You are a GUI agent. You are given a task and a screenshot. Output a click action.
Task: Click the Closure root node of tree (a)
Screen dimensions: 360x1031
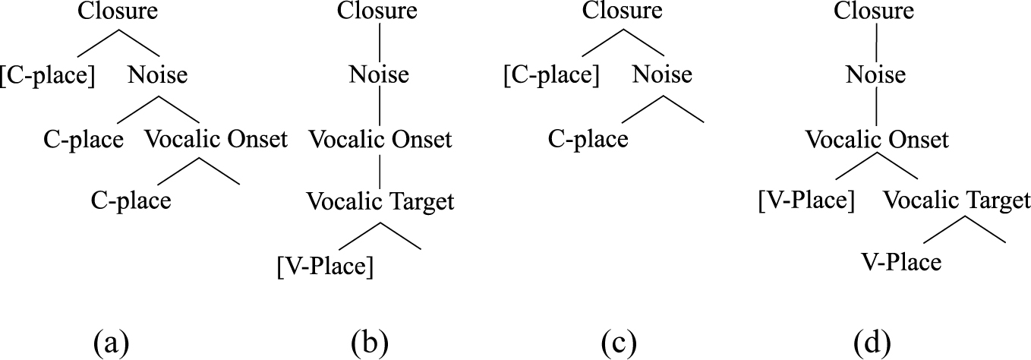(118, 13)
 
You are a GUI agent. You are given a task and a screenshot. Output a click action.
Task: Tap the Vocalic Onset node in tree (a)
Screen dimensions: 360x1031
(216, 140)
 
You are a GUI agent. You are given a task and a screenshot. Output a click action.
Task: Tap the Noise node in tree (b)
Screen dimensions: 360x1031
(379, 76)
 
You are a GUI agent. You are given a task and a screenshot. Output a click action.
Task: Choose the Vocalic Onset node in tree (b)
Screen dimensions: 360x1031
(380, 140)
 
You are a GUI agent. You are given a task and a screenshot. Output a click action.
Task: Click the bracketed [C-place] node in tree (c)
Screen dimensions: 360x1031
(551, 76)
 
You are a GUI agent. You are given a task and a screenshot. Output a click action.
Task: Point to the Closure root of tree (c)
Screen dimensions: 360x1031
(623, 13)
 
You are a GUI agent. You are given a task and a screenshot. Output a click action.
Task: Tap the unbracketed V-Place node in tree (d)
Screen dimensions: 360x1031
(901, 264)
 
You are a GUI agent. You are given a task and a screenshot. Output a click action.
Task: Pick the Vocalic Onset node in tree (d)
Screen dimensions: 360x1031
(877, 140)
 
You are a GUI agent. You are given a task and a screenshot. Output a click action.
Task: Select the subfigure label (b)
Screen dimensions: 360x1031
(370, 342)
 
